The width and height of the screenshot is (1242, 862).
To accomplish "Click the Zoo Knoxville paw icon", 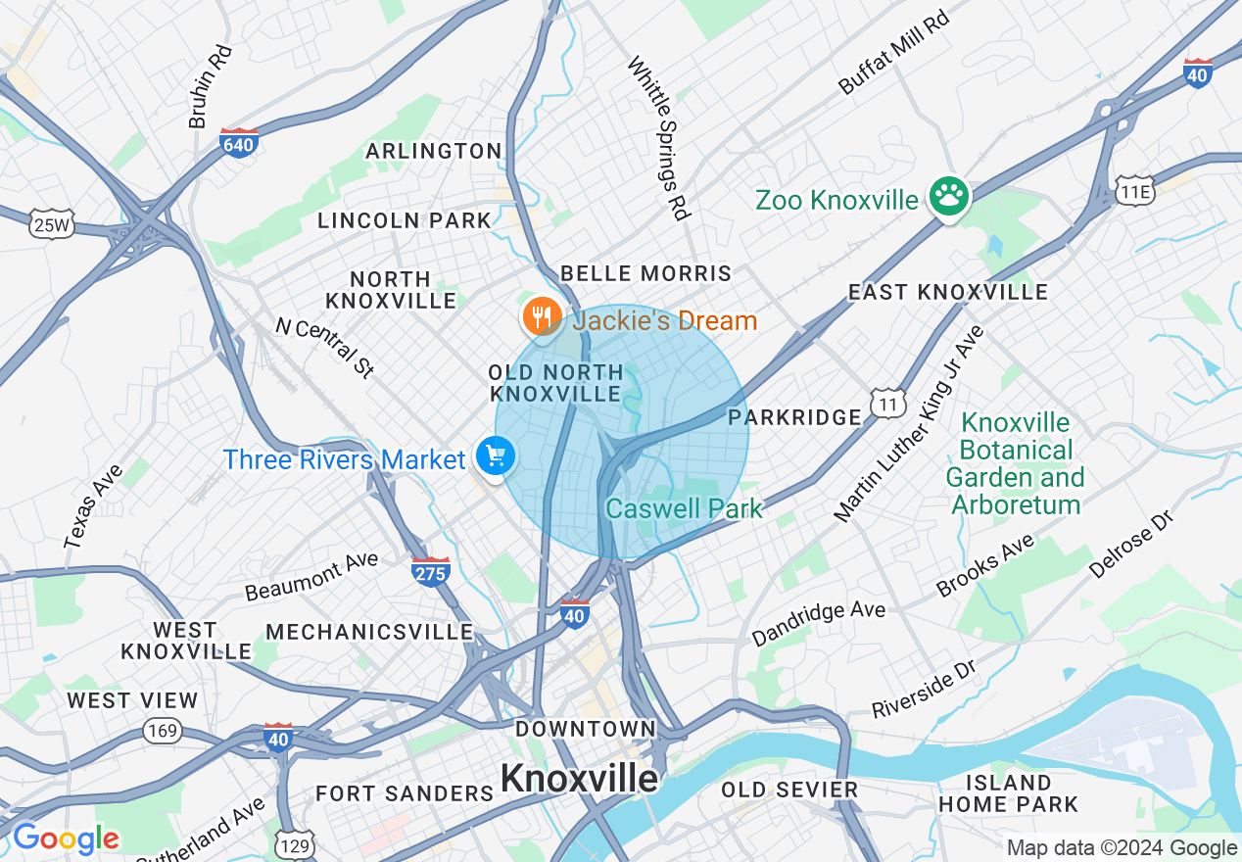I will pyautogui.click(x=948, y=197).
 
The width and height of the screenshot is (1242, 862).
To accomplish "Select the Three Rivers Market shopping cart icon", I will pyautogui.click(x=495, y=455).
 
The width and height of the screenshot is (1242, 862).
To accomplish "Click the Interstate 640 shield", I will pyautogui.click(x=239, y=143).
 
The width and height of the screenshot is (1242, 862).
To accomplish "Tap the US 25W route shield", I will pyautogui.click(x=50, y=224).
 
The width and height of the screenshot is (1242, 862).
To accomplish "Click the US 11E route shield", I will pyautogui.click(x=1134, y=190).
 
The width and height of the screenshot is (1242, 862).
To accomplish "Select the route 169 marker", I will pyautogui.click(x=161, y=730).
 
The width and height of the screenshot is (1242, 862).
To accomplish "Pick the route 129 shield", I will pyautogui.click(x=295, y=843).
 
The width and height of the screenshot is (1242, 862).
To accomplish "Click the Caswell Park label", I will pyautogui.click(x=684, y=508).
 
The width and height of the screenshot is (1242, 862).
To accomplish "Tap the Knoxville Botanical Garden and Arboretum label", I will pyautogui.click(x=1015, y=463).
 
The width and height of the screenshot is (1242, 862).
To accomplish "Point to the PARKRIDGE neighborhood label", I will pyautogui.click(x=794, y=417).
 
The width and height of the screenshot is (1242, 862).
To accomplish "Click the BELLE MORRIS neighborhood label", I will pyautogui.click(x=645, y=273).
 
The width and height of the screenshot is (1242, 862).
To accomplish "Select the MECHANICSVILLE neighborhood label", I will pyautogui.click(x=369, y=632).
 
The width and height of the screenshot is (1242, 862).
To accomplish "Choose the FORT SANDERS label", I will pyautogui.click(x=405, y=792).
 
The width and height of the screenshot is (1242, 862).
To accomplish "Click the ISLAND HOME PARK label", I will pyautogui.click(x=1008, y=793).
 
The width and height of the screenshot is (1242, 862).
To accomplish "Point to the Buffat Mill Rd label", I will pyautogui.click(x=893, y=54).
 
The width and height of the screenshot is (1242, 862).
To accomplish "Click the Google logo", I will pyautogui.click(x=66, y=838).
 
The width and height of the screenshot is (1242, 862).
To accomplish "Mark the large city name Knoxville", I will pyautogui.click(x=580, y=778).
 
